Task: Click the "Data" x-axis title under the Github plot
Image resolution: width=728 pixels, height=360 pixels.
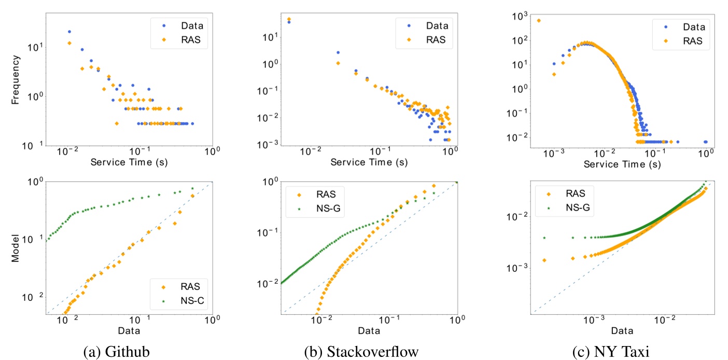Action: [x=128, y=330]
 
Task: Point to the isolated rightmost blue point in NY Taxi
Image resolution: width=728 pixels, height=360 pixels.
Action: [x=705, y=142]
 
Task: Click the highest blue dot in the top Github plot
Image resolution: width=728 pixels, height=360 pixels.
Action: [x=69, y=32]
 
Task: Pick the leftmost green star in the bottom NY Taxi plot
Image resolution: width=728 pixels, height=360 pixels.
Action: [x=544, y=238]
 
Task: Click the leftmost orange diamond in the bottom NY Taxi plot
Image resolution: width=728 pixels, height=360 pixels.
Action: [x=544, y=260]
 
